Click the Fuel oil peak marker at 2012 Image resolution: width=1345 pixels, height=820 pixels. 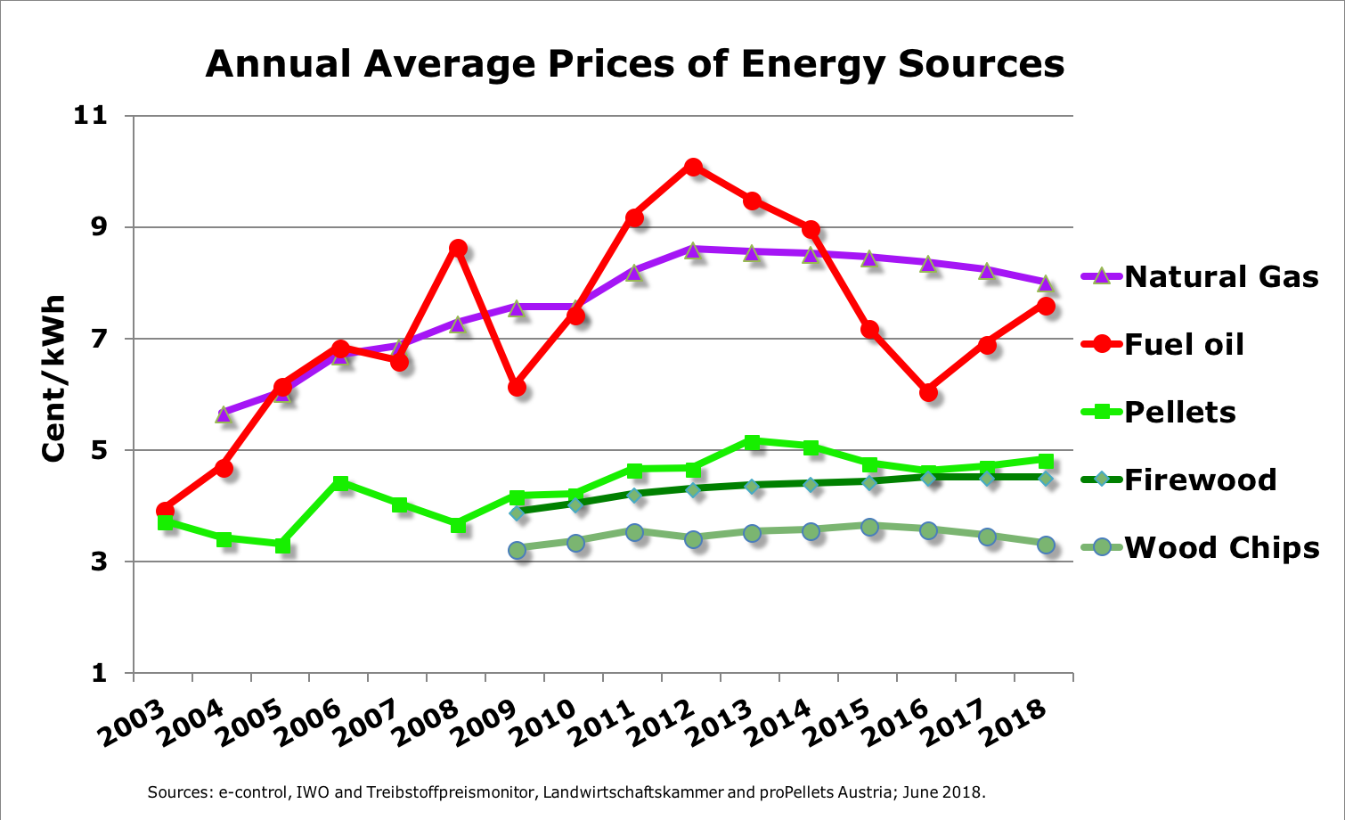coord(693,167)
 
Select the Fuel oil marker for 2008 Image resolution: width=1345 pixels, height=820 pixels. coord(458,248)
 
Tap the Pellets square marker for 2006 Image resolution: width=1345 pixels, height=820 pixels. coord(340,483)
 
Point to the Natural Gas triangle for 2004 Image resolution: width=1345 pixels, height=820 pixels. coord(223,414)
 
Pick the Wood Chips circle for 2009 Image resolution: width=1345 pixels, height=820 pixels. coord(517,550)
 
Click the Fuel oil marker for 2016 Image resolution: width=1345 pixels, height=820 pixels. coord(928,392)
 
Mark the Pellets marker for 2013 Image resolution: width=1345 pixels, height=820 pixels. coord(752,441)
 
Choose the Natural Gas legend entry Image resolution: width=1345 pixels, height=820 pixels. coord(1220,277)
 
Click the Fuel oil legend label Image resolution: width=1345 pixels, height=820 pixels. coord(1184,345)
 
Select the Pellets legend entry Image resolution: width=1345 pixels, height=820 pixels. coord(1179,413)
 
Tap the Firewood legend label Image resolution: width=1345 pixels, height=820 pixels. coord(1200,480)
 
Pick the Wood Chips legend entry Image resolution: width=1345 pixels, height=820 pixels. coord(1221,548)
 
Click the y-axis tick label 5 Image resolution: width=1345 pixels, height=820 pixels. coord(97,450)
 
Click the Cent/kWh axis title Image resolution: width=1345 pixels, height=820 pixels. coord(54,378)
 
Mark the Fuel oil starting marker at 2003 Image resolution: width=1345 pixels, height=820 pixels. coord(165,510)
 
